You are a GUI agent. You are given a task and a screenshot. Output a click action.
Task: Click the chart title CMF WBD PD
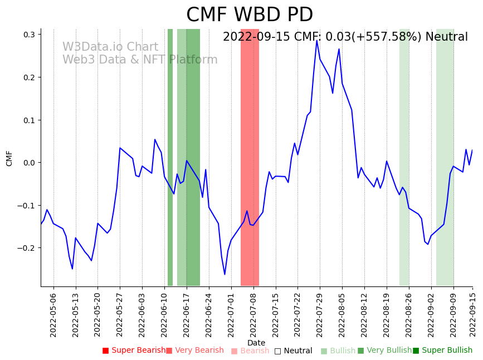250,15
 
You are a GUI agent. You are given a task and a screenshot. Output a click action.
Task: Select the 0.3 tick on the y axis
28,35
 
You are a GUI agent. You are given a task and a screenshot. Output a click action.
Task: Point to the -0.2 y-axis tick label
26,248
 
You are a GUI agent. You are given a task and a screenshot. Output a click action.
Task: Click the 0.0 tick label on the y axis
28,163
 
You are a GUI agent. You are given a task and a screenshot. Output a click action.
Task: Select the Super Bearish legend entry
134,351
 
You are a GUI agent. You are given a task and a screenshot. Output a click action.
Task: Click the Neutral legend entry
293,351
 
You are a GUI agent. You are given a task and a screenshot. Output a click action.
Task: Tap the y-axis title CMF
9,158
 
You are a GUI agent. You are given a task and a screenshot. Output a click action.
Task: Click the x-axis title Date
256,343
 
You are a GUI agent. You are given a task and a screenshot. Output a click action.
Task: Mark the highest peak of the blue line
317,40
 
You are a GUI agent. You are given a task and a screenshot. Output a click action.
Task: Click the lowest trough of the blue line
225,274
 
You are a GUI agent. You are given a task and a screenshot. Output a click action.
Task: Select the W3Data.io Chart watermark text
110,47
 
